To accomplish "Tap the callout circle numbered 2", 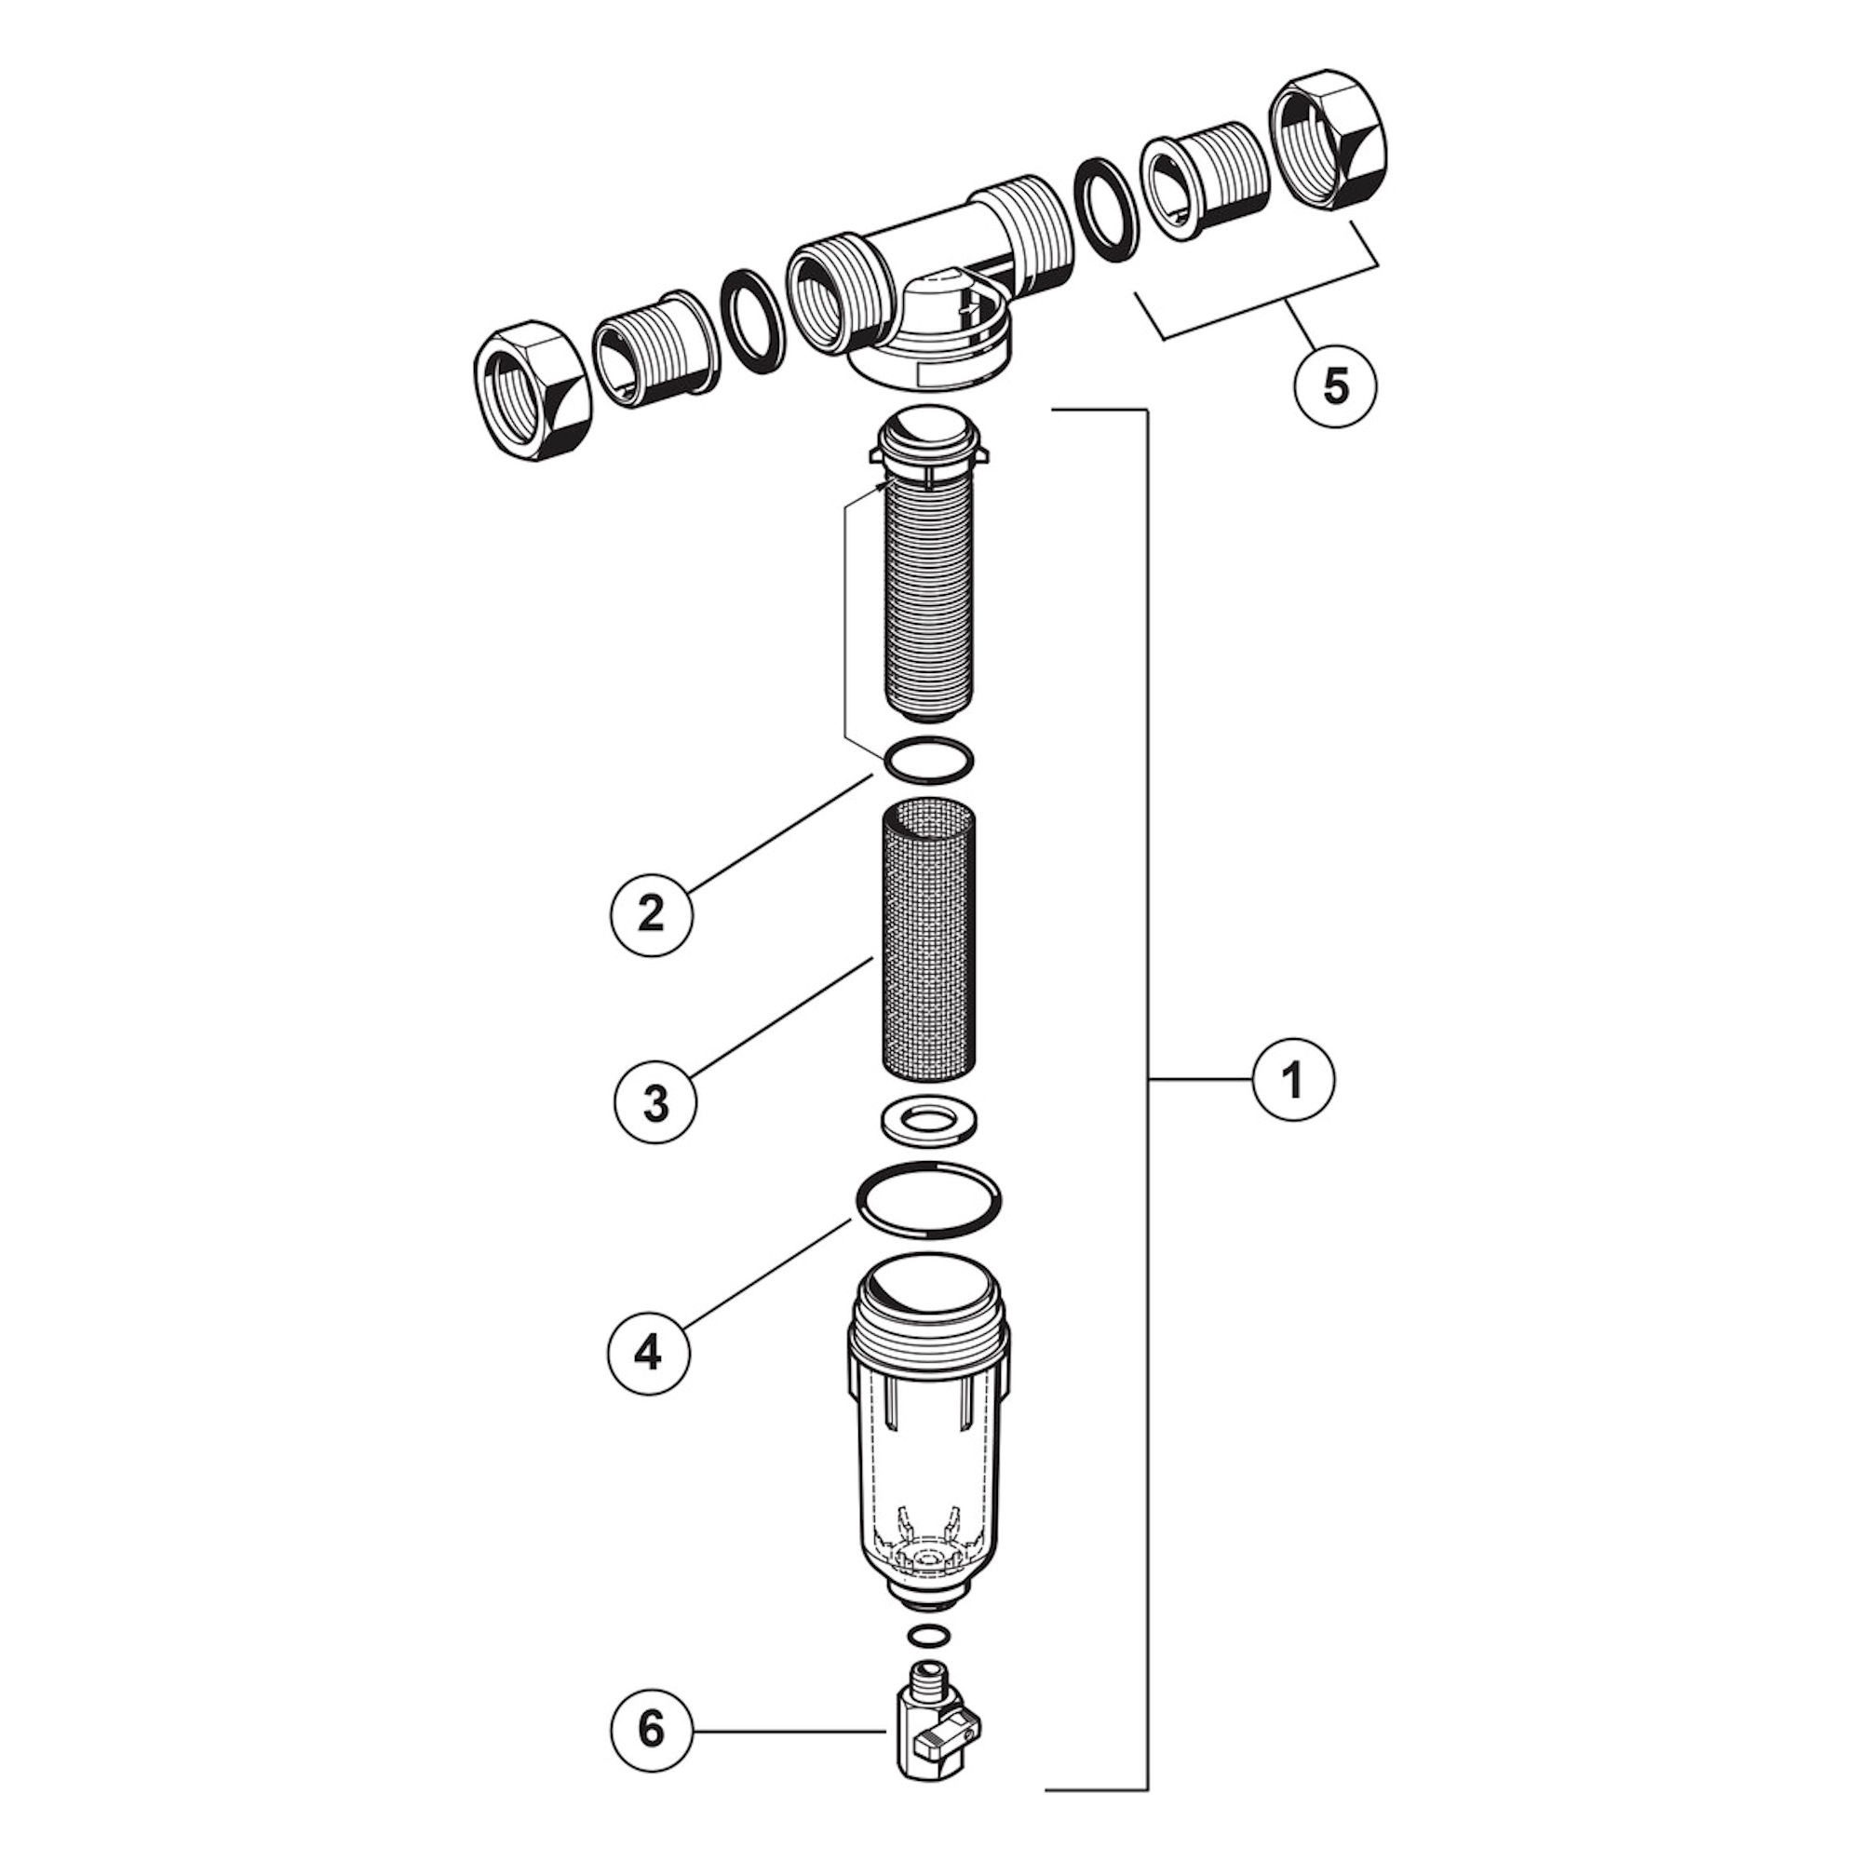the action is (x=652, y=912).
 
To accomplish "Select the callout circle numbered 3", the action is (x=655, y=1104).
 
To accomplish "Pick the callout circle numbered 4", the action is (x=649, y=1353).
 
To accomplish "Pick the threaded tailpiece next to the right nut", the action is (x=1205, y=173).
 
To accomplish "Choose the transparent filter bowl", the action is (x=928, y=1442).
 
